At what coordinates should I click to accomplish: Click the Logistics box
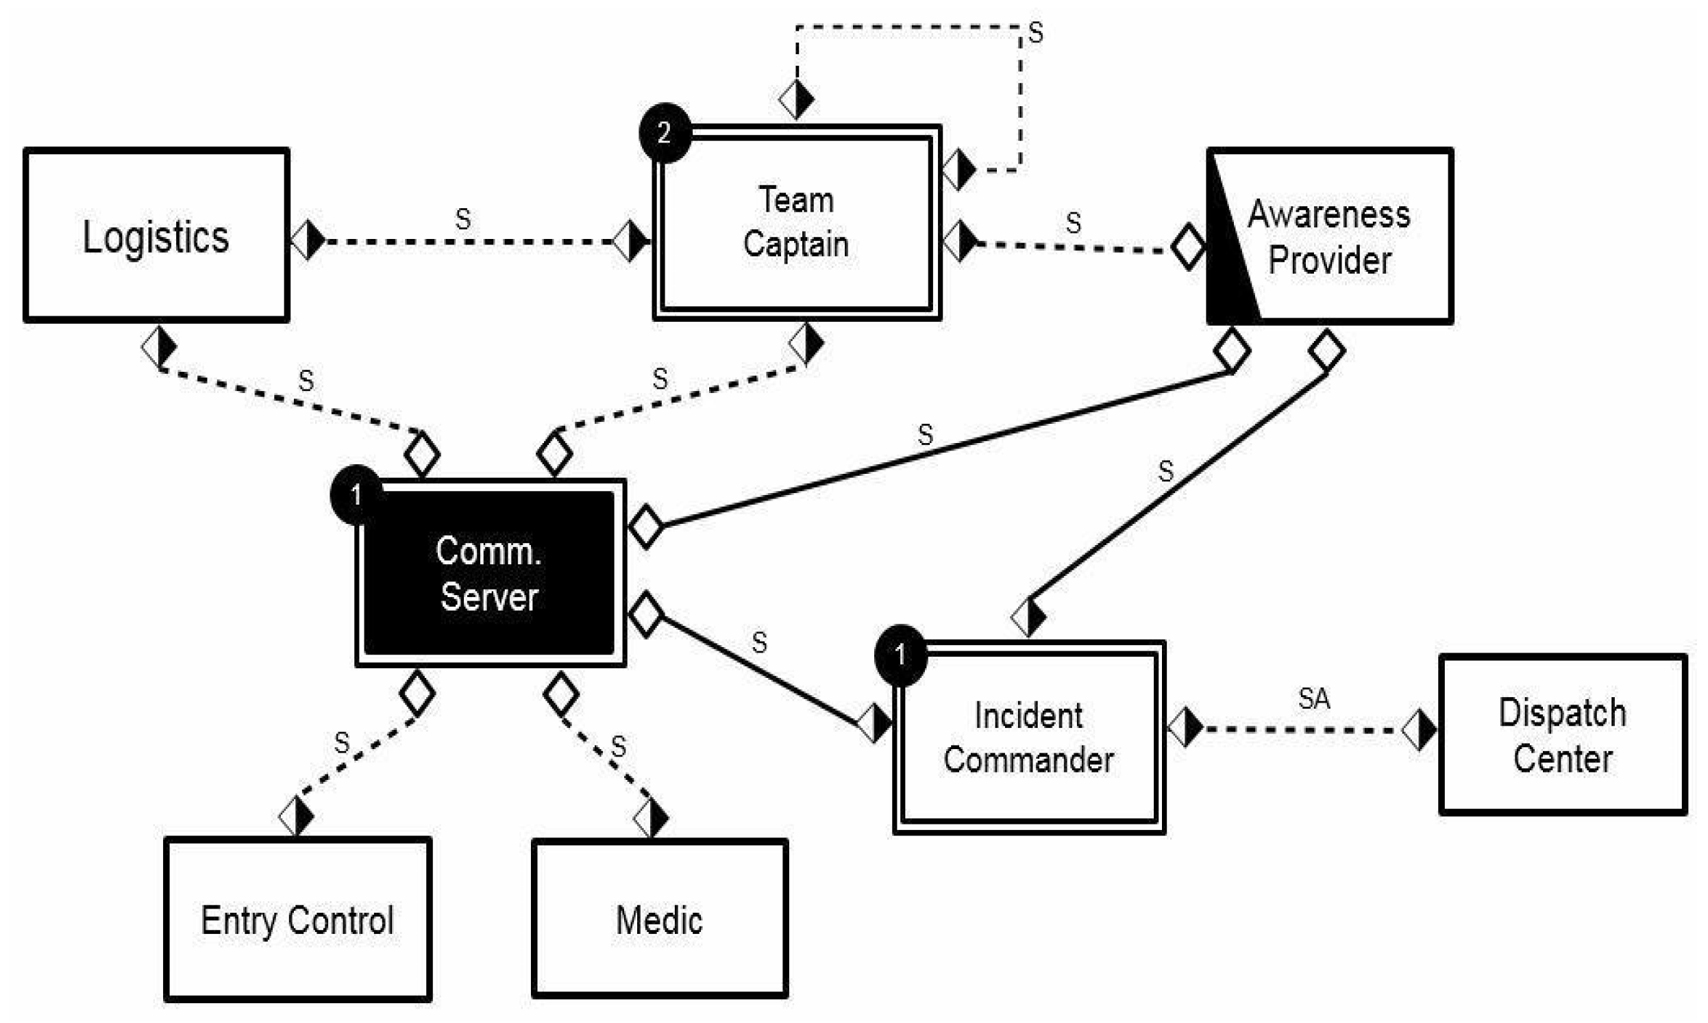point(156,235)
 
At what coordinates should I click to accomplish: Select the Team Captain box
point(796,223)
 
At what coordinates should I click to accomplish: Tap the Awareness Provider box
point(1329,235)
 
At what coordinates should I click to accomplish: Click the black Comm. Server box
point(489,573)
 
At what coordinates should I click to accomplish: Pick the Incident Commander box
point(1028,737)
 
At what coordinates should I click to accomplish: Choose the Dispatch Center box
point(1563,735)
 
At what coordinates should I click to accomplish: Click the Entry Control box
point(297,919)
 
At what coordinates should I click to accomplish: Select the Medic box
point(659,919)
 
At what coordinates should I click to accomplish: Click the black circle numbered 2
point(664,133)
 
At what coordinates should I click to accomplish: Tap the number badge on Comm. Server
point(356,494)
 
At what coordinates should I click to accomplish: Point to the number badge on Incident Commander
point(900,654)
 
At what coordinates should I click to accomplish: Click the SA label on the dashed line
point(1313,699)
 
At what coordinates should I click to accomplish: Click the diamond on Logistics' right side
point(308,240)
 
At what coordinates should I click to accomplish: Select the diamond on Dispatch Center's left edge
point(1418,730)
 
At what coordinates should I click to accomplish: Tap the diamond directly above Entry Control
point(297,816)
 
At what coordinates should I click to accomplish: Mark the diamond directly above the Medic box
point(650,818)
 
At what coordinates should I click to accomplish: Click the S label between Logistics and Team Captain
point(462,219)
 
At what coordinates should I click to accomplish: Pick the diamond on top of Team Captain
point(795,99)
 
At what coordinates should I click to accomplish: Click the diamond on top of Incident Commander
point(1028,616)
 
